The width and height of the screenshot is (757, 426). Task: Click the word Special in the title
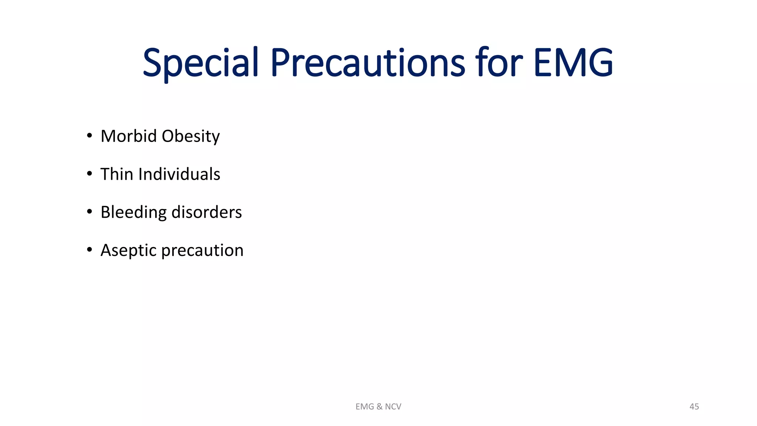[200, 63]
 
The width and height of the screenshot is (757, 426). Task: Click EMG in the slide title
[573, 63]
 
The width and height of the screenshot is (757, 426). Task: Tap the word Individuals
[179, 174]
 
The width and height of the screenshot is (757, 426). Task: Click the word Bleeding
[133, 213]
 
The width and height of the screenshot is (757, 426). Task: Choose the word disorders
[207, 212]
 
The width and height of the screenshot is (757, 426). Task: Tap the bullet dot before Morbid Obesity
[89, 136]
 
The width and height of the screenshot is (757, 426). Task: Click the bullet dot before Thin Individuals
[89, 174]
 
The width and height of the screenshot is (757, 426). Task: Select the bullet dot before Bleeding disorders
[89, 212]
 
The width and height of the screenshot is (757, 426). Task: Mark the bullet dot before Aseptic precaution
[89, 250]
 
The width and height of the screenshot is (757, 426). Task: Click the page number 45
[694, 407]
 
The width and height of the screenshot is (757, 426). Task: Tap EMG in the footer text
[365, 407]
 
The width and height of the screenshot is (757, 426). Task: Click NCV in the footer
[393, 407]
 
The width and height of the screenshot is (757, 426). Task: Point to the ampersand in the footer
[380, 407]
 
